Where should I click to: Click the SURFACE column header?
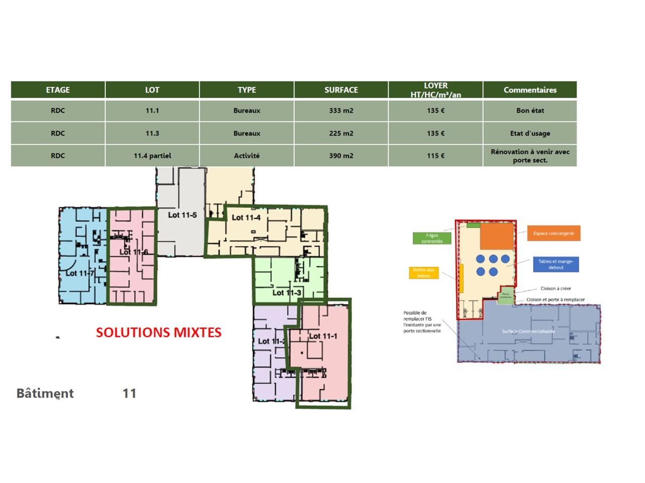point(341,90)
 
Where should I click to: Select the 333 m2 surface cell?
point(341,111)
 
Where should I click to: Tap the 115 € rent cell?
point(435,156)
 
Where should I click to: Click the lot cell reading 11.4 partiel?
point(152,156)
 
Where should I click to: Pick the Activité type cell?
point(246,156)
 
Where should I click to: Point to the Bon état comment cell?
point(530,111)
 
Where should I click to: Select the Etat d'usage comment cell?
point(530,133)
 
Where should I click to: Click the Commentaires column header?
point(530,90)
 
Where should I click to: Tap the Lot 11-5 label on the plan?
point(182,215)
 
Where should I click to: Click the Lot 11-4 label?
point(246,217)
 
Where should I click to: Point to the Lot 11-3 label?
point(287,292)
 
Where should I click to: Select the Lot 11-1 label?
point(323,336)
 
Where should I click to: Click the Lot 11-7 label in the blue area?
point(80,273)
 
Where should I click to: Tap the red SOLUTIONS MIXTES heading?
point(159,333)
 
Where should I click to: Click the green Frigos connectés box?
point(432,238)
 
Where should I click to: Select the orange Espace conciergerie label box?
point(553,233)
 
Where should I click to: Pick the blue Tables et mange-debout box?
point(556,264)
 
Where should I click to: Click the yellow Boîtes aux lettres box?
point(424,273)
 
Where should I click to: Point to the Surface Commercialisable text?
point(528,331)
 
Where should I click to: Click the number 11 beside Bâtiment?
point(130,393)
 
